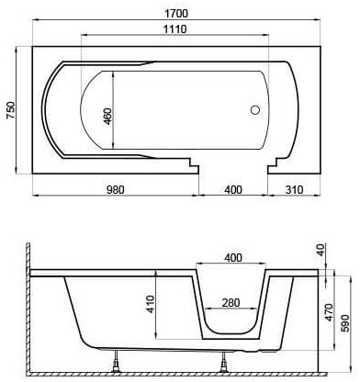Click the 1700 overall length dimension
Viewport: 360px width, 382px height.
(176, 13)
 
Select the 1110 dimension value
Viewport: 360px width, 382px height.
(174, 29)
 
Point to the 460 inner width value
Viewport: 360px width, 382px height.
(107, 117)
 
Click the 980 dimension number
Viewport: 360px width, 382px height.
(116, 190)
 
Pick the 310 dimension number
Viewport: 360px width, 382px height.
(294, 190)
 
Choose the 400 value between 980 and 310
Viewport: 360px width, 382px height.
(233, 190)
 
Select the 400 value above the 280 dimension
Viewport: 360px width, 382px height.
(233, 258)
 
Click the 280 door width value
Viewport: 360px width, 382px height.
(231, 303)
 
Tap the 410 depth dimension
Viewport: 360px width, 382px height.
(151, 304)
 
